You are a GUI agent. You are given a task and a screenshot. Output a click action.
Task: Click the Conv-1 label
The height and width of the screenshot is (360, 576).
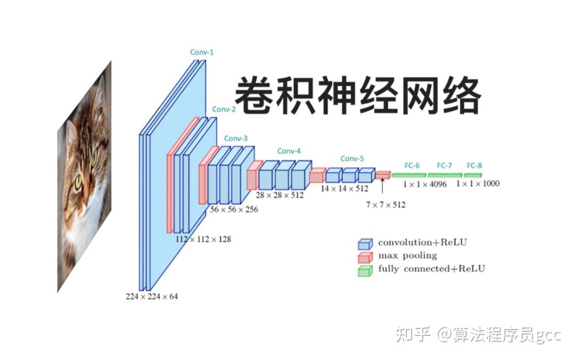click(x=202, y=52)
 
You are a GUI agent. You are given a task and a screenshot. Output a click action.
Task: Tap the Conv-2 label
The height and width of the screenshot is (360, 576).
click(x=223, y=109)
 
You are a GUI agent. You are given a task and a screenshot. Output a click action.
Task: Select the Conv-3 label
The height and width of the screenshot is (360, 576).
click(x=236, y=138)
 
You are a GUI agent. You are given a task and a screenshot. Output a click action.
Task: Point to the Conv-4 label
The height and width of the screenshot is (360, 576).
click(x=289, y=151)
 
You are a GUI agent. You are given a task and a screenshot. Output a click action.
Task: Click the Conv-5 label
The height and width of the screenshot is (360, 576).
click(x=352, y=158)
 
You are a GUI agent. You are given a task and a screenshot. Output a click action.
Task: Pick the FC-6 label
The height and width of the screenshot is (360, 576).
click(x=412, y=165)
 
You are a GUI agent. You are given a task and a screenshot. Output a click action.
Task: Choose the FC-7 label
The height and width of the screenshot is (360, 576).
click(x=444, y=165)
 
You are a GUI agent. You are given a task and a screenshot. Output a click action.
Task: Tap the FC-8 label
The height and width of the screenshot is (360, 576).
click(x=474, y=165)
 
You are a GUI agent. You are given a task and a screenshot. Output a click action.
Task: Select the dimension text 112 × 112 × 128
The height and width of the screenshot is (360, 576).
click(x=203, y=239)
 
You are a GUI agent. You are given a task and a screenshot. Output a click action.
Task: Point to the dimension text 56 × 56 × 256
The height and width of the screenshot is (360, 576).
click(x=234, y=210)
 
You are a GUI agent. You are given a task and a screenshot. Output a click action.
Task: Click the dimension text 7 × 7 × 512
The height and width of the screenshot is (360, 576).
click(x=385, y=204)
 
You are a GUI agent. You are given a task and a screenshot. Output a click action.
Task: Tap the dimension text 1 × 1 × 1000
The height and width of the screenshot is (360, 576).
click(x=477, y=183)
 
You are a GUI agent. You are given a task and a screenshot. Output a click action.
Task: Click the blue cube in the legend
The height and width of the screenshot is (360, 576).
click(x=365, y=244)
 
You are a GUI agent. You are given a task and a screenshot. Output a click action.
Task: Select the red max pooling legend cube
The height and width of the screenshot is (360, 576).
click(x=365, y=257)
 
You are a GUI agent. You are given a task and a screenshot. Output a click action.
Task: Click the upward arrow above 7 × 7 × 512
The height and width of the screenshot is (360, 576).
click(x=382, y=187)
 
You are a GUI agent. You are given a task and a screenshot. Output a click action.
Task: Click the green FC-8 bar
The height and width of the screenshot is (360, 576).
click(x=473, y=175)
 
